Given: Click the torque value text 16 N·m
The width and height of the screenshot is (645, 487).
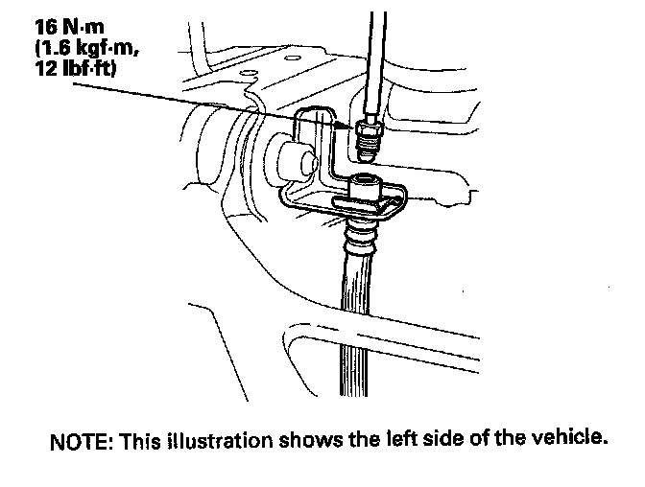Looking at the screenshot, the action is click(69, 27).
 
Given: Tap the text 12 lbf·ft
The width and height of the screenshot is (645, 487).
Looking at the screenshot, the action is click(76, 68).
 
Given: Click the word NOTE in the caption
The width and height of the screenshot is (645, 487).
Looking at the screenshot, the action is click(82, 442).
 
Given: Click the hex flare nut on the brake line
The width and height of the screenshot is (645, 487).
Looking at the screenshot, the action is click(368, 128).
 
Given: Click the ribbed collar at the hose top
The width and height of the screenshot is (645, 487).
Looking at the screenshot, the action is click(360, 236).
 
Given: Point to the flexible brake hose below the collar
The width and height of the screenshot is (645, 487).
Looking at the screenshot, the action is click(354, 325).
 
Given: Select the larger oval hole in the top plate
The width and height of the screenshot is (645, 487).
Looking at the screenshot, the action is click(292, 58).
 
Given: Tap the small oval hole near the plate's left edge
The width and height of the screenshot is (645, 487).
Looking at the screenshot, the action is click(248, 73).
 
